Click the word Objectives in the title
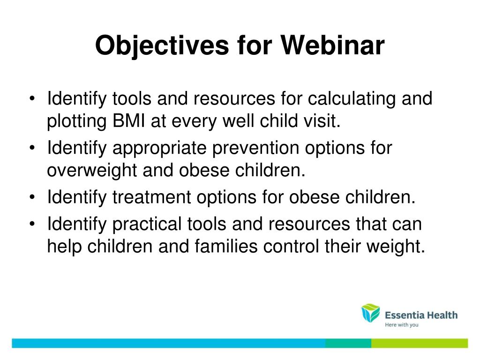click(162, 46)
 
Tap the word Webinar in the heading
click(333, 45)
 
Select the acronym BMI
click(129, 120)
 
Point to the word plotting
click(77, 121)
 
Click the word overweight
click(92, 171)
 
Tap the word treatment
click(152, 197)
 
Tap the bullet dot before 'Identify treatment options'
click(32, 197)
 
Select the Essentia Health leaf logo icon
click(370, 313)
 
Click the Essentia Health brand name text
click(421, 315)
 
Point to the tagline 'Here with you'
click(402, 325)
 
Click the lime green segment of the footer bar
click(420, 343)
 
